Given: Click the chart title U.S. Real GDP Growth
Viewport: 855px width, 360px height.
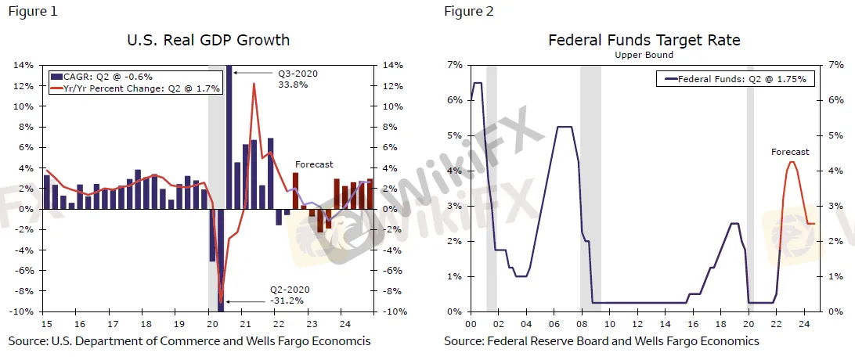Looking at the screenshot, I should click(208, 40).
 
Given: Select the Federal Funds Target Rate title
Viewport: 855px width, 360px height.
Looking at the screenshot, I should click(644, 40).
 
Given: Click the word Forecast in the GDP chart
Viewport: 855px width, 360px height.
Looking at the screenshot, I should click(313, 164).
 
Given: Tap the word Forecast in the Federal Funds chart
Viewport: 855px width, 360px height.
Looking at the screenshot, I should click(790, 152).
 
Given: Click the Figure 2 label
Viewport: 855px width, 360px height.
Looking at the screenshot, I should click(468, 11).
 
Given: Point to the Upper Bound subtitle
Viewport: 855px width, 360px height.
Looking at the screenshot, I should click(644, 56).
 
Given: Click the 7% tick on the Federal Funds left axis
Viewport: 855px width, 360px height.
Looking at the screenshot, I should click(454, 65).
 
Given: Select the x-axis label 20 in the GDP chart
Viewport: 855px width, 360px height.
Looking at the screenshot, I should click(211, 322).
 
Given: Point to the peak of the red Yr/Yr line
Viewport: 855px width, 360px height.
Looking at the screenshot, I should click(254, 84).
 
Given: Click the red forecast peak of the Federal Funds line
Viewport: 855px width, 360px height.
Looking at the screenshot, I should click(792, 162).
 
